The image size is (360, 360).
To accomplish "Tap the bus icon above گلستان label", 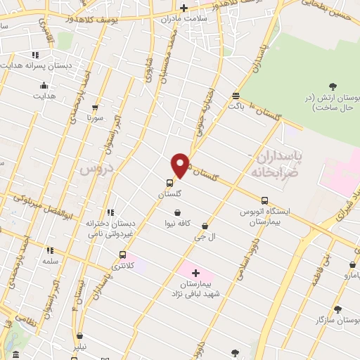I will tap(169, 183).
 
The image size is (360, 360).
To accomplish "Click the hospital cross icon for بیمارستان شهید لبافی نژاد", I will tap(195, 273).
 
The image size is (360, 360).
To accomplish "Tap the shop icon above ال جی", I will tap(205, 226).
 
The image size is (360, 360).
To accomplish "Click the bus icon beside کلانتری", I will tap(123, 255).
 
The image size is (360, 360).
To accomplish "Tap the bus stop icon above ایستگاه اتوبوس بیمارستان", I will tap(264, 200).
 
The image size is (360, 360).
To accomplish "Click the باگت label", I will tap(236, 106).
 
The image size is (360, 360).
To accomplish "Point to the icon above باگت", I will tap(236, 96).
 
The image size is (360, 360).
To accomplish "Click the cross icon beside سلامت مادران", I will tap(184, 8).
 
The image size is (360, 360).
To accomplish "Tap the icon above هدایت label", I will tap(44, 86).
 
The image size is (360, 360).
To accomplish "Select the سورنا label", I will tap(94, 118).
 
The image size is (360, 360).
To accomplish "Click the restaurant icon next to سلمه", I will tap(49, 250).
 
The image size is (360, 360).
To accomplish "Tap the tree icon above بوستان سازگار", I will tap(337, 309).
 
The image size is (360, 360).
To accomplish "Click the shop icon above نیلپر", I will tap(81, 336).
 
